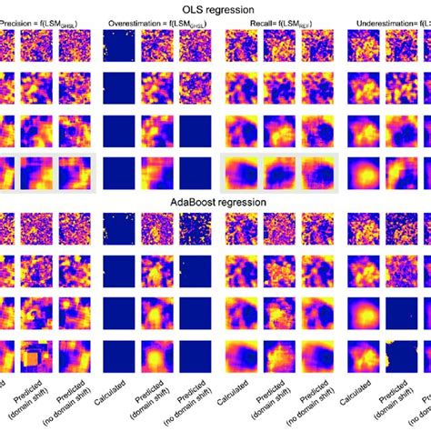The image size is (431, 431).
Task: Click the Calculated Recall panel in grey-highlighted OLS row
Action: pyautogui.click(x=240, y=172)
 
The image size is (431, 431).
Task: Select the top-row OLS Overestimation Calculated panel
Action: pyautogui.click(x=119, y=47)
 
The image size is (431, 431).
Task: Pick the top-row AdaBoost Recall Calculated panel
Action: pyautogui.click(x=240, y=230)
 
